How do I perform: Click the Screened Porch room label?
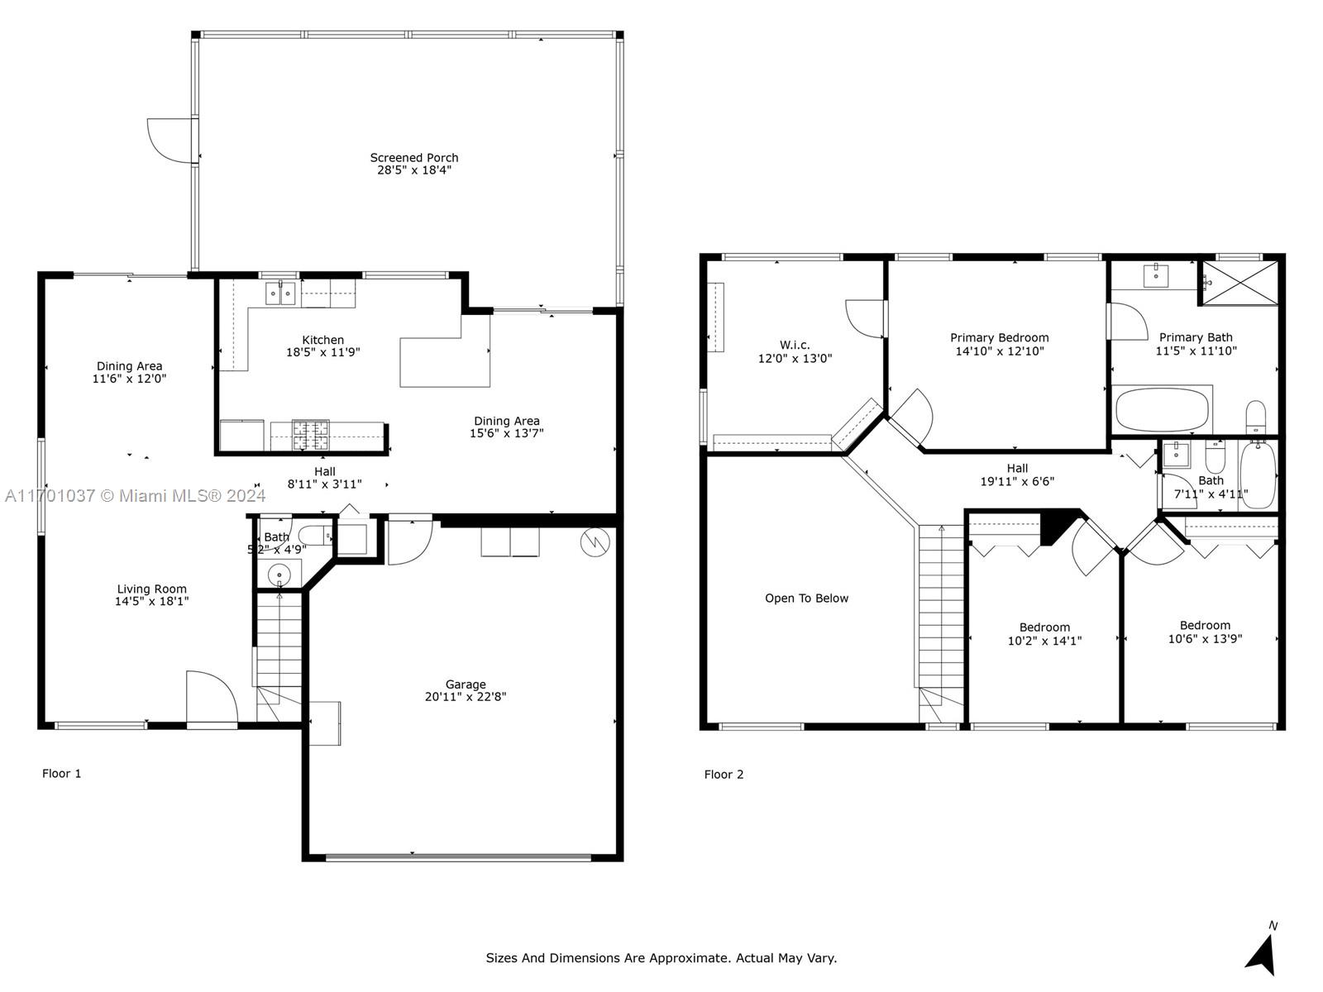pyautogui.click(x=414, y=158)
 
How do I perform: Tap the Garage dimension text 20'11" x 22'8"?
pyautogui.click(x=466, y=697)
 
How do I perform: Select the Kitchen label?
pyautogui.click(x=323, y=340)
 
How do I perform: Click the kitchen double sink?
pyautogui.click(x=281, y=294)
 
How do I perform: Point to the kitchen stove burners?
pyautogui.click(x=311, y=435)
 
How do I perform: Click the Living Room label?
pyautogui.click(x=152, y=589)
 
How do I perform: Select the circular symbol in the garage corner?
pyautogui.click(x=595, y=542)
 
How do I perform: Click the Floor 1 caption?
pyautogui.click(x=61, y=774)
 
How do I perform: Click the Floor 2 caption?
pyautogui.click(x=724, y=775)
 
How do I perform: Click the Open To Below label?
pyautogui.click(x=806, y=598)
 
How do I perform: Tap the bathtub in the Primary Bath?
pyautogui.click(x=1162, y=409)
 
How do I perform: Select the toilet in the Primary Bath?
pyautogui.click(x=1255, y=417)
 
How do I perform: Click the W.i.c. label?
pyautogui.click(x=795, y=345)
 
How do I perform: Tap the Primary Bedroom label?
pyautogui.click(x=1000, y=338)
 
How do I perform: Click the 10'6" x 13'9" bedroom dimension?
pyautogui.click(x=1205, y=639)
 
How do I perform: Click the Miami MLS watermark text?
pyautogui.click(x=135, y=496)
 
